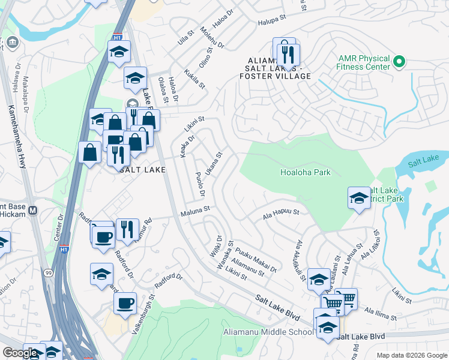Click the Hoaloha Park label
click(x=305, y=172)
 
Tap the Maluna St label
click(x=196, y=209)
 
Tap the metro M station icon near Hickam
click(x=32, y=211)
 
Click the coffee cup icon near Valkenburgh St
click(x=125, y=303)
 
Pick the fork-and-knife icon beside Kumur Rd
click(x=127, y=229)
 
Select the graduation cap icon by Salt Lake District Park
click(x=359, y=198)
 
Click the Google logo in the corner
click(x=20, y=353)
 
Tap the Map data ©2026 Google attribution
click(x=411, y=355)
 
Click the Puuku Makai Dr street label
click(x=256, y=260)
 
